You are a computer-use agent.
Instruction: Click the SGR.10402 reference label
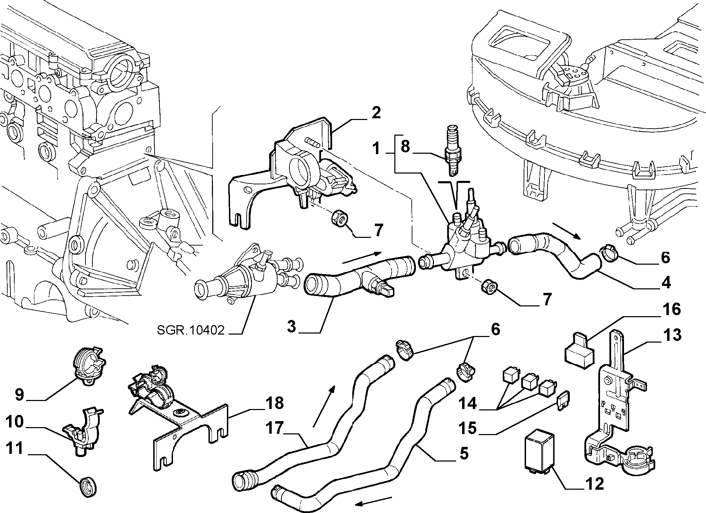[x=190, y=330]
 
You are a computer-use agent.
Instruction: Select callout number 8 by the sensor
[x=405, y=146]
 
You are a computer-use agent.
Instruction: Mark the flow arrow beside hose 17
[x=324, y=406]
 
